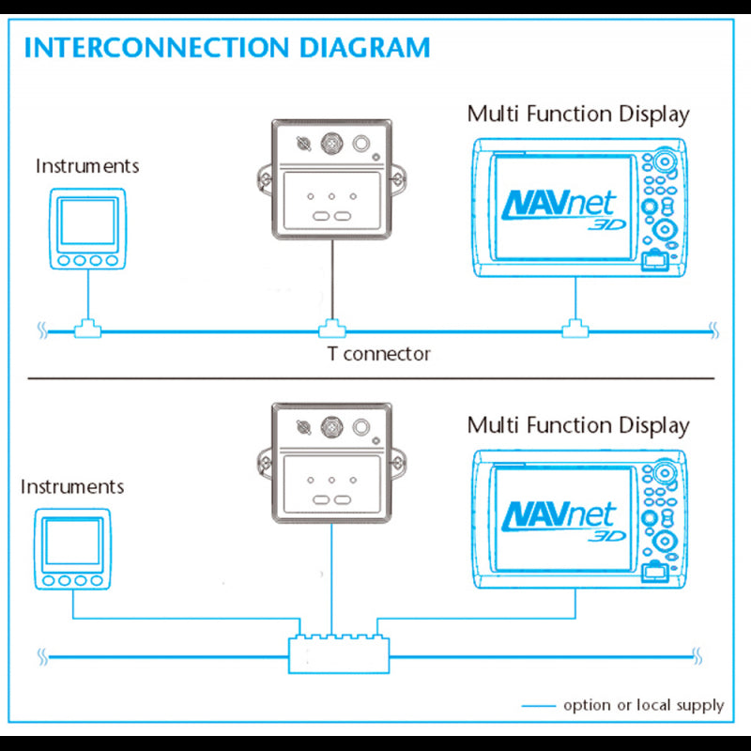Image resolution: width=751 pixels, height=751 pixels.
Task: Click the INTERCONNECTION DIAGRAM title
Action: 226,48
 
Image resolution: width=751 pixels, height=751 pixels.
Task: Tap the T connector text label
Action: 378,354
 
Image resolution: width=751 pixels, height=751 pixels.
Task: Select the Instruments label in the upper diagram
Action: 87,166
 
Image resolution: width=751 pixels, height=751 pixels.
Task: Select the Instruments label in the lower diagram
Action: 72,487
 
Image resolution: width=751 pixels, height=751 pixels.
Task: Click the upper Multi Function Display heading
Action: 578,115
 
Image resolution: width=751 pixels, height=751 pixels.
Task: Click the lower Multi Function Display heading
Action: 578,425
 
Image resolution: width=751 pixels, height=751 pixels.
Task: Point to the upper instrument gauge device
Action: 87,230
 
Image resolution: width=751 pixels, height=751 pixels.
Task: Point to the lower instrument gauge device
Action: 73,549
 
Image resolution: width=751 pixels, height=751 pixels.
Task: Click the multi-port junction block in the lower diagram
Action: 339,651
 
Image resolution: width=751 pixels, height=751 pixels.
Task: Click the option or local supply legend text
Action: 643,705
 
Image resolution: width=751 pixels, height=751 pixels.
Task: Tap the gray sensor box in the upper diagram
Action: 332,180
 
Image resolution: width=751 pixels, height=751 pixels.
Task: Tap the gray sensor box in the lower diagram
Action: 332,464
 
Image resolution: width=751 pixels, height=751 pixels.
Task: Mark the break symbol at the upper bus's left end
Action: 41,329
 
